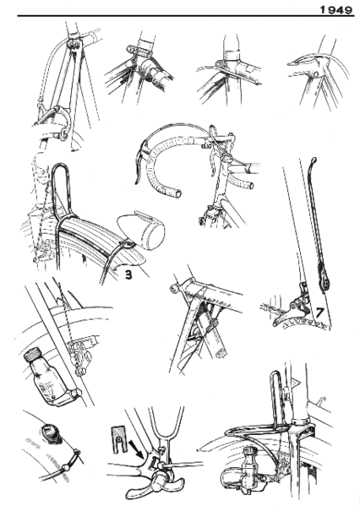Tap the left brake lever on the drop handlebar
point(139,165)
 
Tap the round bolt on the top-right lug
point(314,75)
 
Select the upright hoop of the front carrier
point(280,397)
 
